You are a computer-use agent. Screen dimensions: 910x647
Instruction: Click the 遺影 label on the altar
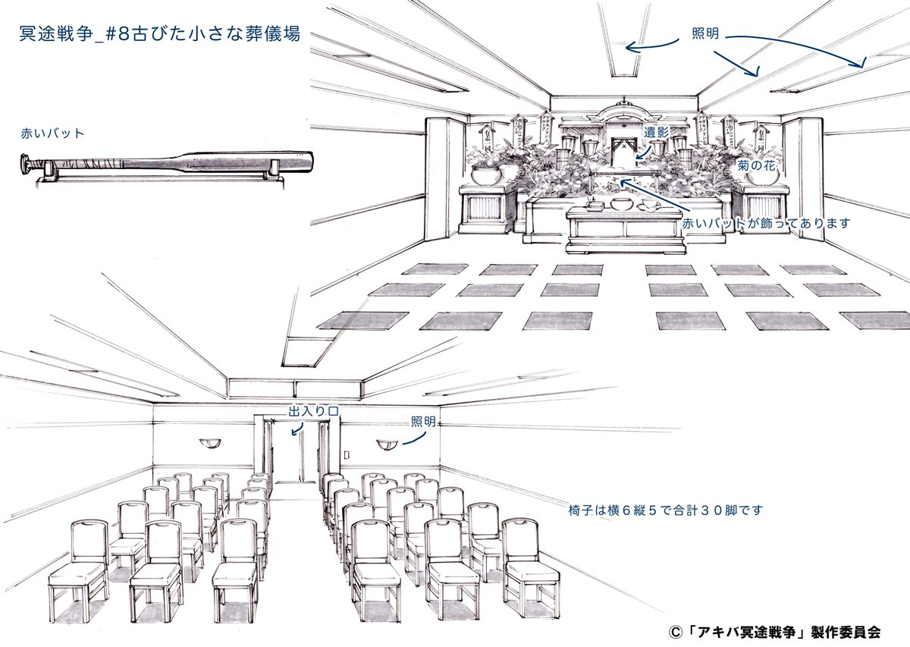(656, 132)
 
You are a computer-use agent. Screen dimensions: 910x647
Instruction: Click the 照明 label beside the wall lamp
(423, 422)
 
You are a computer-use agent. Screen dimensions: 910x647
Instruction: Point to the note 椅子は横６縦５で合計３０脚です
(664, 510)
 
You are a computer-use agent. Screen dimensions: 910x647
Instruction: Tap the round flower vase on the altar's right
(761, 176)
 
